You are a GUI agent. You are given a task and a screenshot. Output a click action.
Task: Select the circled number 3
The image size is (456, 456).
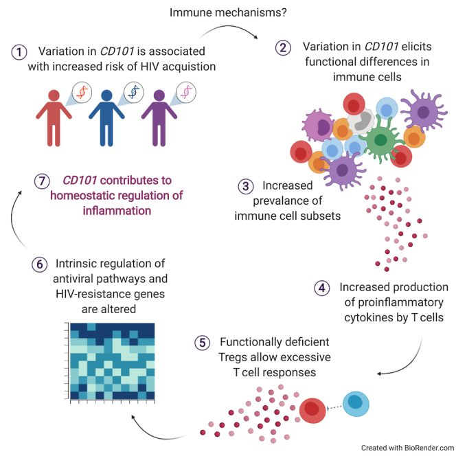click(x=245, y=186)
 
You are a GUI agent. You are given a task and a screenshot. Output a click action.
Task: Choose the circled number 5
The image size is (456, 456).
click(x=199, y=341)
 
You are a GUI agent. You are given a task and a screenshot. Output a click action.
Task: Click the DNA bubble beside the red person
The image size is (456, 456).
click(x=82, y=92)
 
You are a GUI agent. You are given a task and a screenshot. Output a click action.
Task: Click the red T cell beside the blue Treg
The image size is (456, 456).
click(x=313, y=410)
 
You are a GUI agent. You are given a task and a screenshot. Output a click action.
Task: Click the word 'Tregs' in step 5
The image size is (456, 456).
click(x=233, y=357)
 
